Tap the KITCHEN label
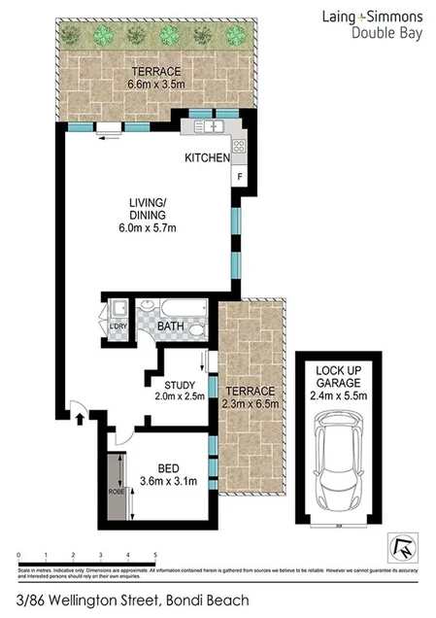(x=208, y=157)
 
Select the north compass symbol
(x=400, y=548)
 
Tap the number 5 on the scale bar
(x=155, y=555)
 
